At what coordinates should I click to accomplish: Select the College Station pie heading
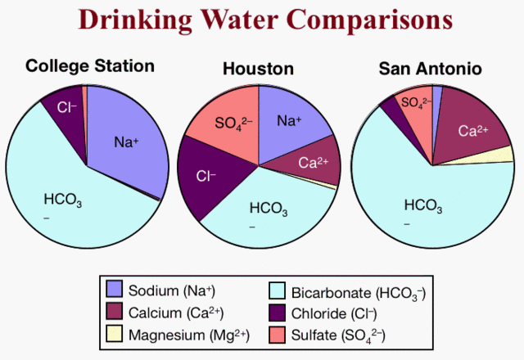(x=90, y=65)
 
